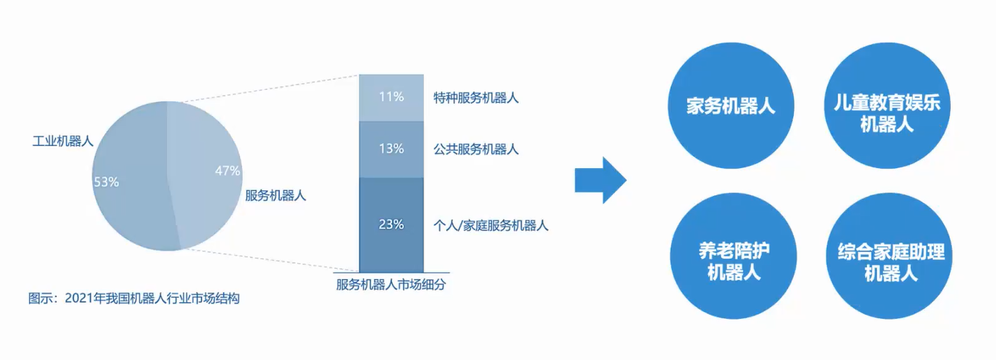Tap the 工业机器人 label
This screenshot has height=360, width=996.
63,142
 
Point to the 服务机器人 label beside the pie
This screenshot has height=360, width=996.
276,195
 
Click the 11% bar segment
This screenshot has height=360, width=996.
391,98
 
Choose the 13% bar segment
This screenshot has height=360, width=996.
391,149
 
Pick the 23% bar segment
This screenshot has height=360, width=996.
391,225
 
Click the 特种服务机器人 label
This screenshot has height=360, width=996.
476,98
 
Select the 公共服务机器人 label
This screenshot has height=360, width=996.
476,149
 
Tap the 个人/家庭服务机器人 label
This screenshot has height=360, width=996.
491,225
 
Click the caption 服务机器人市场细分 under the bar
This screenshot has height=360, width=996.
391,285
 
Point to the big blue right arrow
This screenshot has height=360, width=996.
601,180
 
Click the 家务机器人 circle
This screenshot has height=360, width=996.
731,105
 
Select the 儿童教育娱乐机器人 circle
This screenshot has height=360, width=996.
887,105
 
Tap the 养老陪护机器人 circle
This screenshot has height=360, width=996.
734,256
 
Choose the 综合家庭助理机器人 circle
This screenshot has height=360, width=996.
889,256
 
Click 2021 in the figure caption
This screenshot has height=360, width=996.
79,298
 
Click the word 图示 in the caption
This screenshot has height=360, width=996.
40,298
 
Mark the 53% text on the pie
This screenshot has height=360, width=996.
106,182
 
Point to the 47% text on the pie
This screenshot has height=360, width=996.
227,170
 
